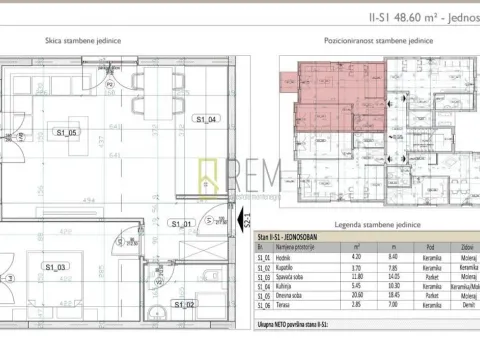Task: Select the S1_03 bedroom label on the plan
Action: click(55, 267)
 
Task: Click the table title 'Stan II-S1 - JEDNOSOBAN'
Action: click(297, 238)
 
